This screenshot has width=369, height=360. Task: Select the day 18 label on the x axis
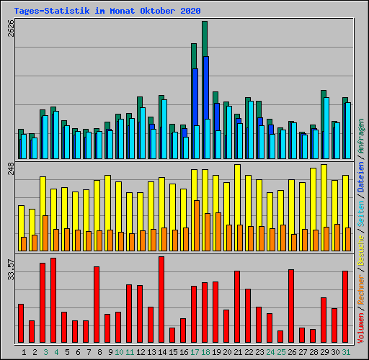pyautogui.click(x=205, y=352)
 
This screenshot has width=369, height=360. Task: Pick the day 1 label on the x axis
pyautogui.click(x=24, y=352)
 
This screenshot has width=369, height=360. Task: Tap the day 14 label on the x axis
pyautogui.click(x=162, y=352)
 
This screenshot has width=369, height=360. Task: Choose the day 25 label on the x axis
pyautogui.click(x=281, y=352)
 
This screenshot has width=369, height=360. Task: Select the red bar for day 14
pyautogui.click(x=161, y=300)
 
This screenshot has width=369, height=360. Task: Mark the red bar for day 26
pyautogui.click(x=291, y=306)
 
